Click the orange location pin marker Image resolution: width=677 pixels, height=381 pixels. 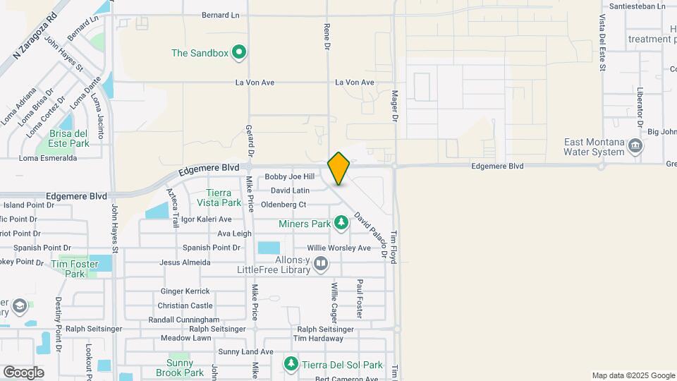339,168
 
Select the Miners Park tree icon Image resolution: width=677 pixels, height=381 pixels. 341,224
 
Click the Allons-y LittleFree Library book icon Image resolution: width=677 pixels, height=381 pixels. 321,263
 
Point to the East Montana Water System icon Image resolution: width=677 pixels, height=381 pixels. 635,146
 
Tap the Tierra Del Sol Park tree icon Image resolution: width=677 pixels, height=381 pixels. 291,364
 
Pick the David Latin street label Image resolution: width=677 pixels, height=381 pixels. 291,190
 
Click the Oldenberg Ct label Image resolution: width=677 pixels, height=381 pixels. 283,205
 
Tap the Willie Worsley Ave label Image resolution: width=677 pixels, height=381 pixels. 338,248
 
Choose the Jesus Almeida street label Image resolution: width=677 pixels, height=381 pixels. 185,262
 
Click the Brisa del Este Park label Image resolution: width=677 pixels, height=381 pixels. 69,138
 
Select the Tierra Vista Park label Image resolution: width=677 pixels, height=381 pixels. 224,198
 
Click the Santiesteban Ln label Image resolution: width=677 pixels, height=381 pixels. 637,6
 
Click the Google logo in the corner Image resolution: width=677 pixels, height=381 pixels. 23,372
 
